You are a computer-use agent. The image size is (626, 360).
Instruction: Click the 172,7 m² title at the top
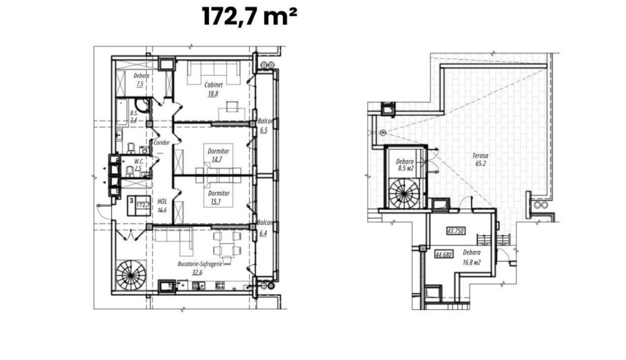(x=249, y=17)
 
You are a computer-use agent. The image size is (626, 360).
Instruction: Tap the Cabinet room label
(x=213, y=85)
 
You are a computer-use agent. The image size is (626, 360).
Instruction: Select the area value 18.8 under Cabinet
(x=213, y=94)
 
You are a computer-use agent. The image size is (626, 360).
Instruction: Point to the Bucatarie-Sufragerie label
(x=200, y=264)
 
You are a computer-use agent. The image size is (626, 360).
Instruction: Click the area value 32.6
(x=197, y=272)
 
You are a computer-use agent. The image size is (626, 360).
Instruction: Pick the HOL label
(x=162, y=201)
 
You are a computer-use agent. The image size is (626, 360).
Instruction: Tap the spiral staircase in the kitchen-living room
(x=131, y=275)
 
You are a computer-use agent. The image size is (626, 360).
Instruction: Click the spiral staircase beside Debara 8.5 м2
(x=404, y=193)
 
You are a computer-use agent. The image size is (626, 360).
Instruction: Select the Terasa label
(x=480, y=155)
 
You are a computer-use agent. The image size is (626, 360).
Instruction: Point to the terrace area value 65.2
(x=480, y=163)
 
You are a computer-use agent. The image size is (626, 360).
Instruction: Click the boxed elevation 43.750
(x=456, y=231)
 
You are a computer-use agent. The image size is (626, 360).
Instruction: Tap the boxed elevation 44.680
(x=444, y=255)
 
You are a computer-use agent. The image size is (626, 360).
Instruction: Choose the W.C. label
(x=139, y=162)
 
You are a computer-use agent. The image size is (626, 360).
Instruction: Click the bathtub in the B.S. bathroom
(x=122, y=112)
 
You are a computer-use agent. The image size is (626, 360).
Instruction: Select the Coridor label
(x=162, y=143)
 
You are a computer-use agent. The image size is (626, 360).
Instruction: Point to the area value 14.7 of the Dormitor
(x=217, y=159)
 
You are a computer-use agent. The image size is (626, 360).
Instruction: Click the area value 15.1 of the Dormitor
(x=216, y=201)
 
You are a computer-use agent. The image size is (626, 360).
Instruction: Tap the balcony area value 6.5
(x=263, y=130)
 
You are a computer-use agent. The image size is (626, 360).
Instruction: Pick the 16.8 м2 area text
(x=472, y=262)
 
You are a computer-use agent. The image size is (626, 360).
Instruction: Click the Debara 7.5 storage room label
(x=141, y=80)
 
